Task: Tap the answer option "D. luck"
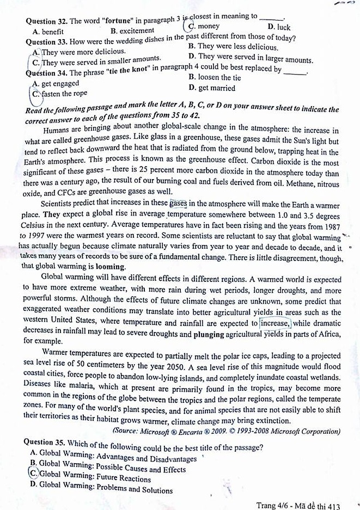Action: [279, 27]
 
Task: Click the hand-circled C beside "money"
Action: [192, 26]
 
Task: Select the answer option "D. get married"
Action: [211, 88]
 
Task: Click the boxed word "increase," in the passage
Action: [276, 322]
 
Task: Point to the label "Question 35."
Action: [44, 447]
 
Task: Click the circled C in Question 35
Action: [33, 474]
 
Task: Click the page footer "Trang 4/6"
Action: [274, 505]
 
